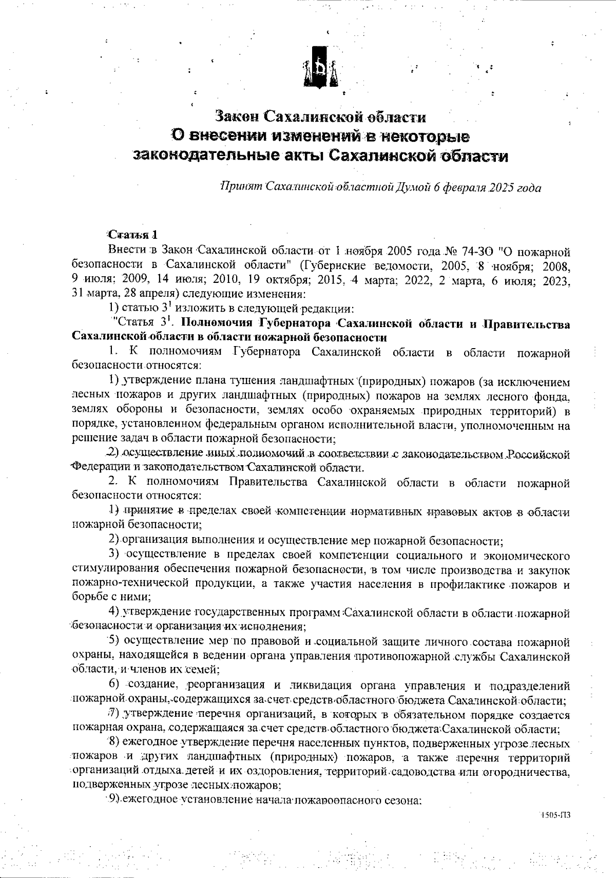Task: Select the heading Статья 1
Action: tap(132, 236)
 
